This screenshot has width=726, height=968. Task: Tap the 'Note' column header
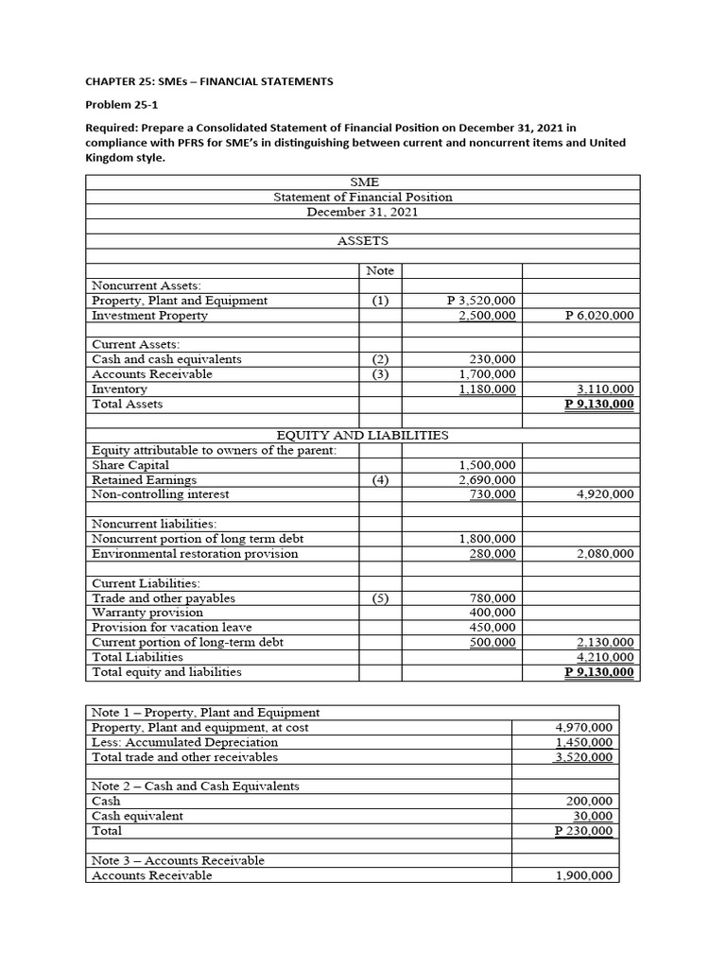point(380,270)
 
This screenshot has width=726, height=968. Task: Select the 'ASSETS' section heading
point(363,241)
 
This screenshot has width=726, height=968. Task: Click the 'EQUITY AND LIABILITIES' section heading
point(362,436)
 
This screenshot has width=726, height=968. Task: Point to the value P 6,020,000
point(599,316)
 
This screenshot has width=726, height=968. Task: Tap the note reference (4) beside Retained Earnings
point(380,480)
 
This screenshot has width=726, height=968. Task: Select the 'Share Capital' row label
point(130,465)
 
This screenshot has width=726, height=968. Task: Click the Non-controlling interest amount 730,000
point(493,494)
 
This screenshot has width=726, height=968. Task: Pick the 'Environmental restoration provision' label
point(195,554)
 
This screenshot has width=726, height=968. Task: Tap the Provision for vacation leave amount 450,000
point(493,628)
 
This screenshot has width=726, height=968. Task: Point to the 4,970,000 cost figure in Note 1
point(584,728)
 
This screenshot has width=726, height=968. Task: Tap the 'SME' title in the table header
point(363,182)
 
